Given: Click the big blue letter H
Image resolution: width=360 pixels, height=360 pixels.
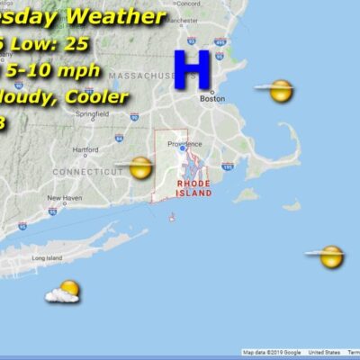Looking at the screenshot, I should [x=192, y=69].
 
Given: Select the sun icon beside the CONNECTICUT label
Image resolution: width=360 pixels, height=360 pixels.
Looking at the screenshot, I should [x=140, y=167].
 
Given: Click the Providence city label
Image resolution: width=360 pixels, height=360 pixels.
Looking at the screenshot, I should [x=184, y=143].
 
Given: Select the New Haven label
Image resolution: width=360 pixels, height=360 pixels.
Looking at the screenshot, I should [x=64, y=198].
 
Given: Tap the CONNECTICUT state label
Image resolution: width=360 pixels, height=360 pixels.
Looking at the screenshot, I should [x=87, y=171].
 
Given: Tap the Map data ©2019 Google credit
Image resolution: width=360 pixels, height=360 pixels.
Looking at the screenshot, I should [x=272, y=352].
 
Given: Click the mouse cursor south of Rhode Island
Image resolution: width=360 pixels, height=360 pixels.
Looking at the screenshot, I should [x=172, y=216].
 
